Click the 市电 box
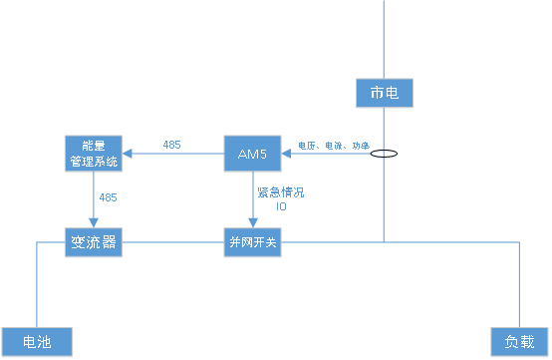click(384, 94)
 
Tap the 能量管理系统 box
click(94, 154)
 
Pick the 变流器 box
click(94, 242)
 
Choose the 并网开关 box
click(253, 242)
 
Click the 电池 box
click(37, 341)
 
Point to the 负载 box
click(519, 341)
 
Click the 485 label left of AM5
click(171, 146)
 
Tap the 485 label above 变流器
click(108, 197)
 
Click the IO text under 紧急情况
click(281, 206)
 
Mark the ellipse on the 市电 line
click(384, 155)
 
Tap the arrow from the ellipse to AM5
click(329, 154)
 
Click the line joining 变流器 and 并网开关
click(173, 242)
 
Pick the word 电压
click(306, 146)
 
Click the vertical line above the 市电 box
click(384, 40)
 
